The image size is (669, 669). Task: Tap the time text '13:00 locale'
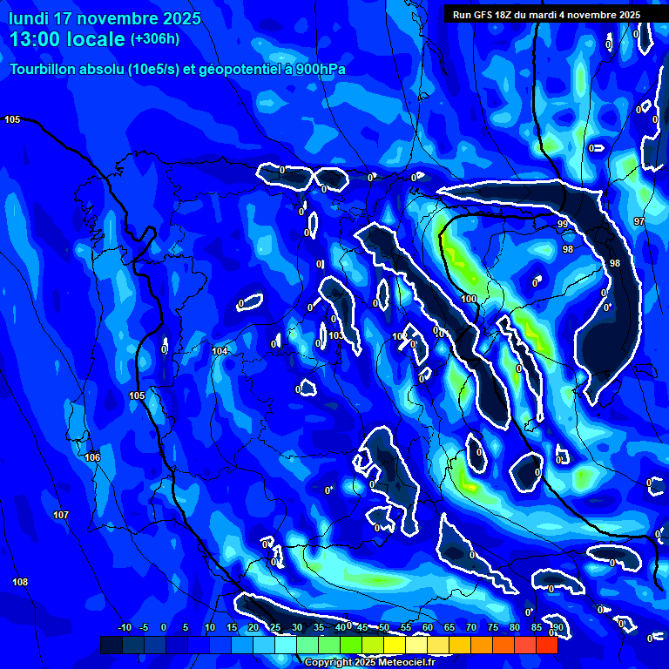pos(68,39)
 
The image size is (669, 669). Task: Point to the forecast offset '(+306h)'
pos(155,39)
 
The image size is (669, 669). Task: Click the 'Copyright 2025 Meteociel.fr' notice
pos(368,662)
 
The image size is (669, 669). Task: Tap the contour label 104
pos(220,351)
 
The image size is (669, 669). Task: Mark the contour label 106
pos(92,457)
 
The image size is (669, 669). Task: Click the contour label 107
pos(61,515)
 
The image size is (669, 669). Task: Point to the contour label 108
pos(20,582)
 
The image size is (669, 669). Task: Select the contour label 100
pos(469,299)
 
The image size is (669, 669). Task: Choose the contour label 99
pos(563,225)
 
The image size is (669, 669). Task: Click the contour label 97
pos(639,221)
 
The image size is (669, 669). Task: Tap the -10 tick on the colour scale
pos(124,628)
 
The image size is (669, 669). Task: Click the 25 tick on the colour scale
pos(275,628)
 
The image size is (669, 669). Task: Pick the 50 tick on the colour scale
pos(383,628)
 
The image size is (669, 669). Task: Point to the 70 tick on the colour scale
pos(470,628)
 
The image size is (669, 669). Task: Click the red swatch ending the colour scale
pos(546,645)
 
